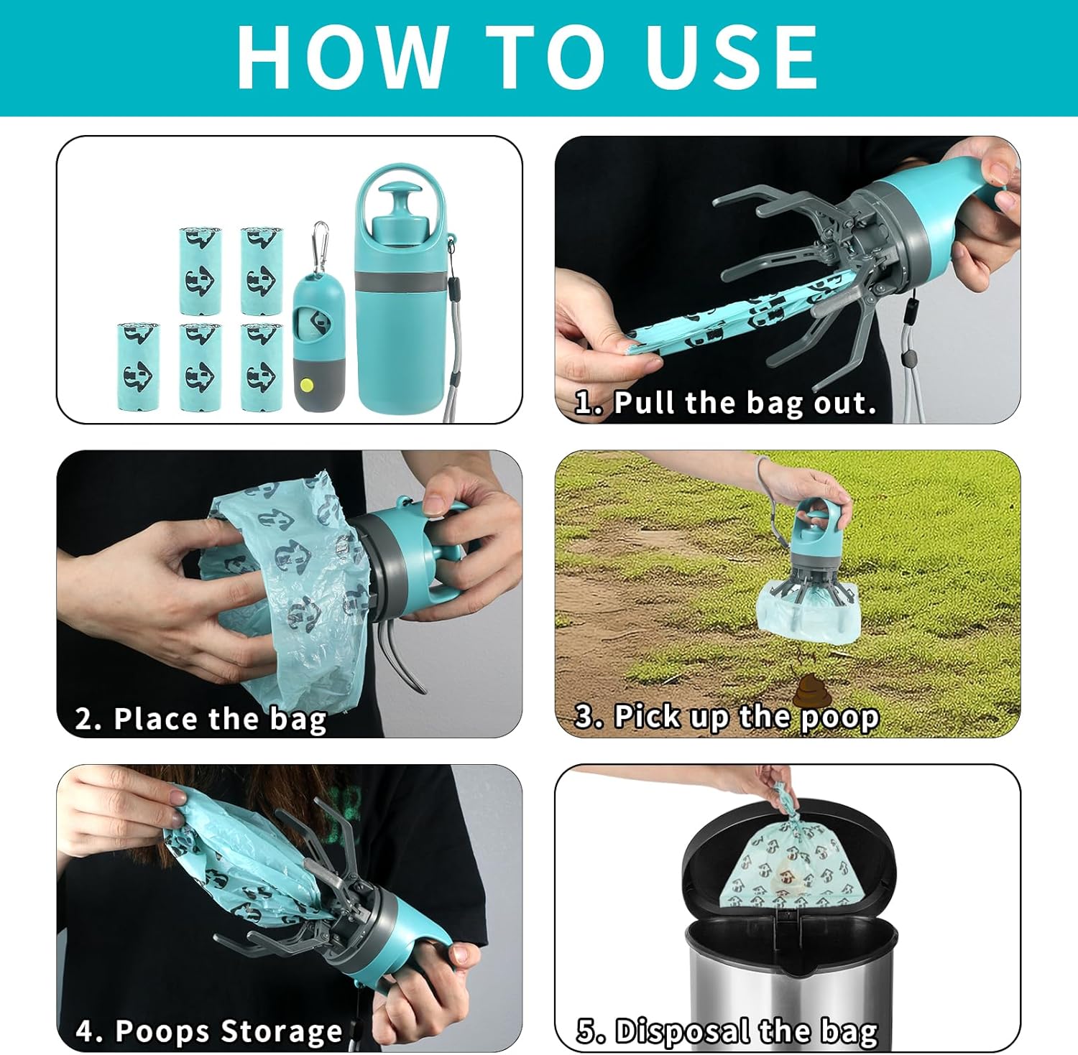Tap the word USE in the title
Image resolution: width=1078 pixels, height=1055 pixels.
pos(732,56)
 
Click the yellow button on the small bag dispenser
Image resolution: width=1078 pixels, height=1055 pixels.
pos(309,384)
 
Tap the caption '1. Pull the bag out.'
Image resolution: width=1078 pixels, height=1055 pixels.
pos(726,404)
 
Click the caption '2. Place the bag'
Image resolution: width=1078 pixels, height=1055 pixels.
pos(201,719)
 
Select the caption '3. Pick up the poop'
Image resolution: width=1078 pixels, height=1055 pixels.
pos(727,717)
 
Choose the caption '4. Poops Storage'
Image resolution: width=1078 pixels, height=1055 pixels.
pos(209,1031)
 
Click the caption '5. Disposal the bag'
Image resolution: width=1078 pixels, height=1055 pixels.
pos(727,1031)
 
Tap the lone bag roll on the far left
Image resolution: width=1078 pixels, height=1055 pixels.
pos(138,367)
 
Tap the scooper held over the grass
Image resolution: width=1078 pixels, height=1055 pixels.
pos(810,567)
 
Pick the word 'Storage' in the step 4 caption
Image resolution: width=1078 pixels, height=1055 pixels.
pos(282,1031)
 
